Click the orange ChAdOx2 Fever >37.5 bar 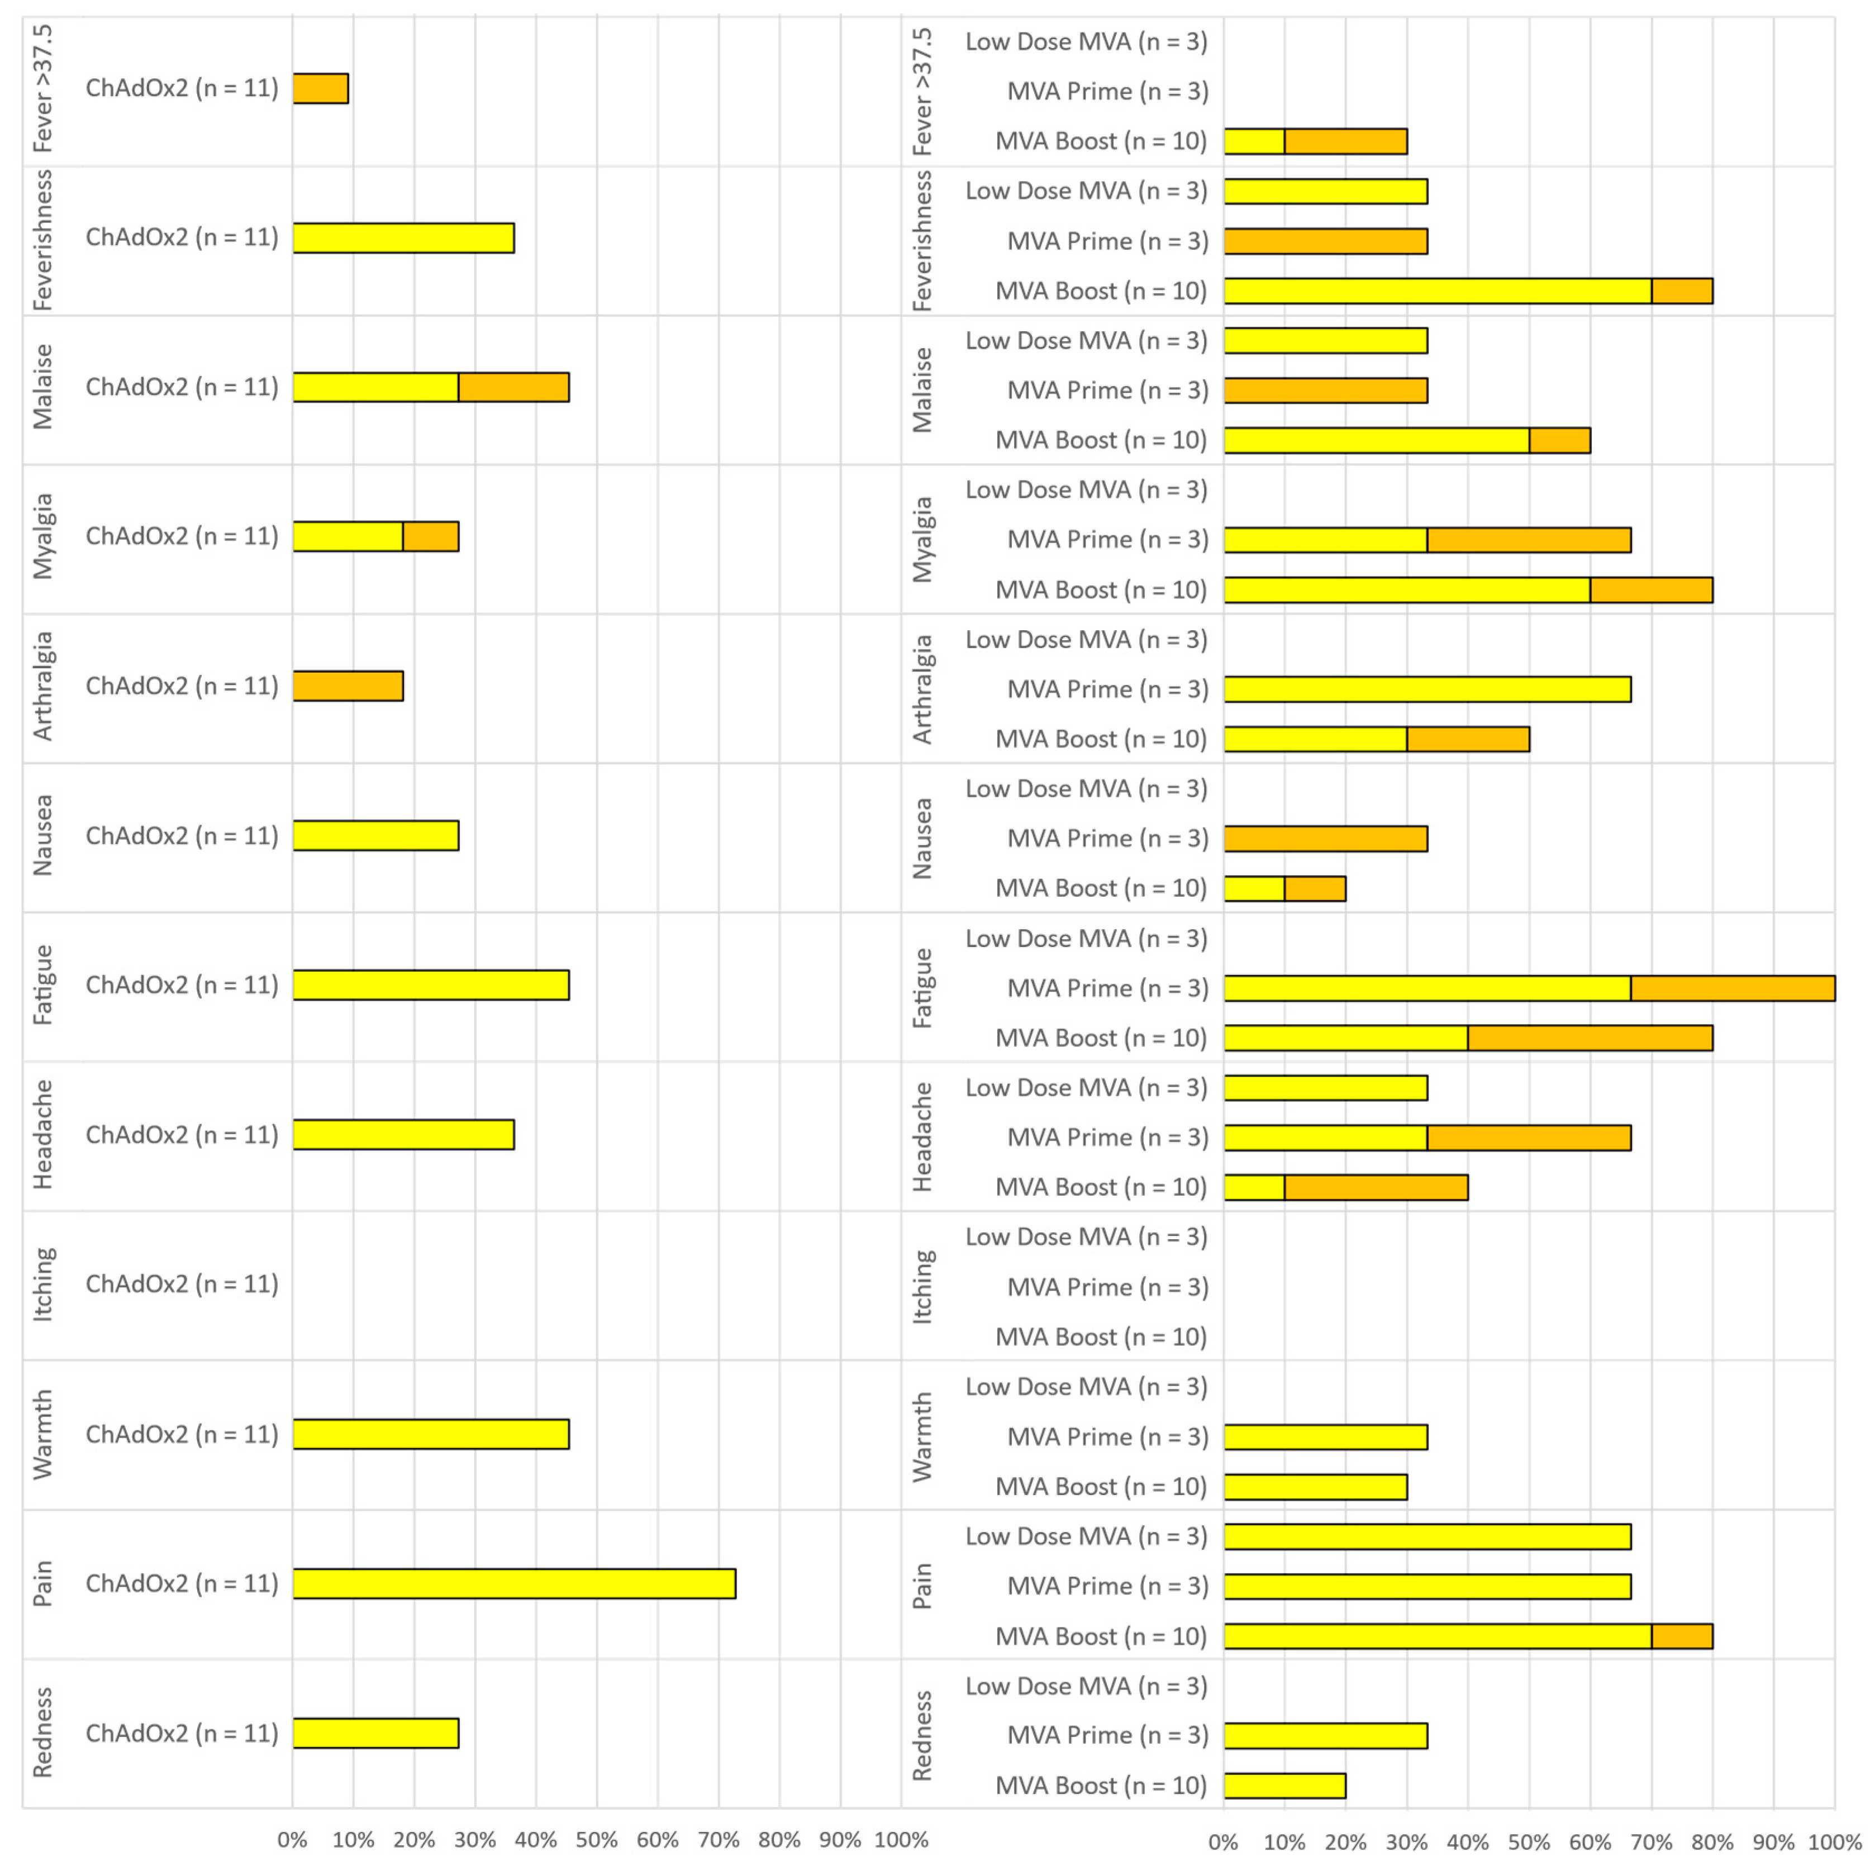coord(320,88)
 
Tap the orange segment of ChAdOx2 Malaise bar coord(513,387)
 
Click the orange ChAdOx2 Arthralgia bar coord(348,686)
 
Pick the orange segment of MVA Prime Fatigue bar coord(1733,988)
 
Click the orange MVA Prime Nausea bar coord(1325,839)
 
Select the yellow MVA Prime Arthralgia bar coord(1426,689)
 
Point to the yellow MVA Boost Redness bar coord(1284,1784)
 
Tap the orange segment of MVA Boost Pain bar coord(1682,1635)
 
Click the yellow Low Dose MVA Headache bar coord(1325,1088)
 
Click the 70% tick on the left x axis coord(718,1839)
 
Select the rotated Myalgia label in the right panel coord(922,540)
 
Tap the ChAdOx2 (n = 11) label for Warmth coord(182,1434)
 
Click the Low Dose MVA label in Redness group coord(1086,1686)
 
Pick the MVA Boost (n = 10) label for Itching coord(1101,1336)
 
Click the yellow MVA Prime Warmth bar coord(1325,1436)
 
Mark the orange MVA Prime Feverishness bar coord(1325,241)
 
